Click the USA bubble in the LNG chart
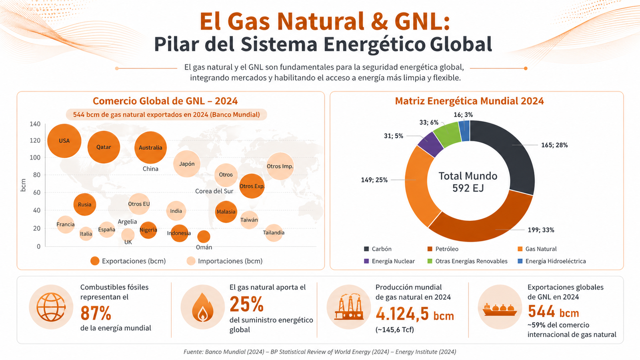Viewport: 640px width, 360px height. tap(64, 141)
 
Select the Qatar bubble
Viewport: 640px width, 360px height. tap(104, 147)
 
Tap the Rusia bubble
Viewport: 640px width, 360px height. tap(84, 204)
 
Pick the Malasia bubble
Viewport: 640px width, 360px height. tap(226, 212)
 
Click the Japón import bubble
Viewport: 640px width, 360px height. tap(187, 164)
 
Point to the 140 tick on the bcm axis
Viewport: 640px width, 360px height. tap(35, 124)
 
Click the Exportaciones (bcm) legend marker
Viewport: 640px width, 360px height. tap(95, 261)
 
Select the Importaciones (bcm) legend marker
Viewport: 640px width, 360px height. tap(191, 261)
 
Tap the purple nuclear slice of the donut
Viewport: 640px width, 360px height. tap(430, 144)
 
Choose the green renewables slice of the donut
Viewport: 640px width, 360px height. tap(447, 132)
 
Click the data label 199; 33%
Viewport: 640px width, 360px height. tap(541, 230)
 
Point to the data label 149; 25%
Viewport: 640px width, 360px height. tap(374, 180)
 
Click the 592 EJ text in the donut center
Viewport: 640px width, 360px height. tap(468, 188)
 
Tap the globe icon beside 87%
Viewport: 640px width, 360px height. tap(51, 307)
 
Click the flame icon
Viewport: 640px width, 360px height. tap(203, 307)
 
